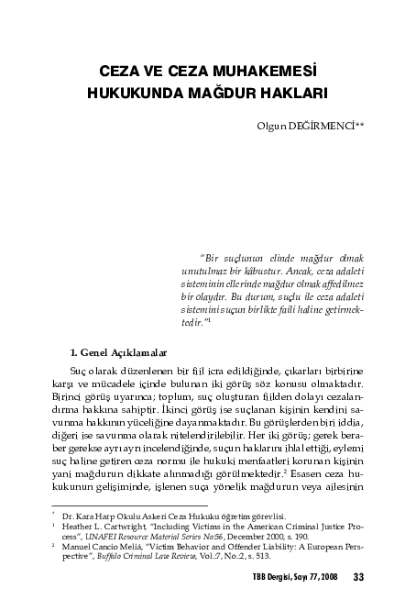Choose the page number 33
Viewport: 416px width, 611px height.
pyautogui.click(x=358, y=577)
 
